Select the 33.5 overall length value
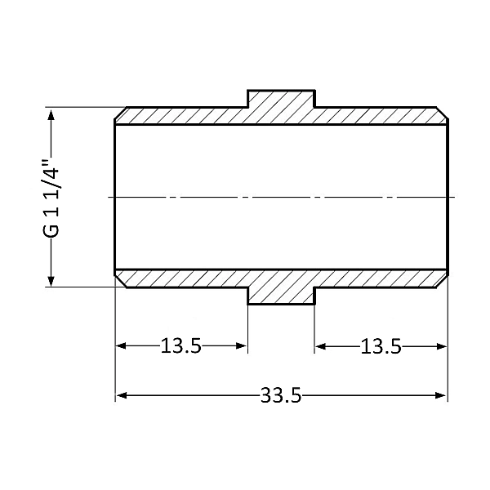[281, 396]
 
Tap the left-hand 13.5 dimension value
[180, 346]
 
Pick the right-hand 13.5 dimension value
[381, 346]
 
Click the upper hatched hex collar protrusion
[281, 101]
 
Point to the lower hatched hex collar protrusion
[281, 292]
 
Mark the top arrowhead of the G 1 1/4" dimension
[52, 114]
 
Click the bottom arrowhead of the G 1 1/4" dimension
[52, 280]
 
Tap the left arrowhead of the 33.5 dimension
[121, 396]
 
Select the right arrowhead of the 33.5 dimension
[442, 396]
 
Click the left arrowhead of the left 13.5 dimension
[121, 346]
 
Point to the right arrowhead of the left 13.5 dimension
[242, 346]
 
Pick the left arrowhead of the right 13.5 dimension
[320, 346]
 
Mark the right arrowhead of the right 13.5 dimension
[442, 346]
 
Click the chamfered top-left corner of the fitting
[119, 112]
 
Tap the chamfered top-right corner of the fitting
[443, 112]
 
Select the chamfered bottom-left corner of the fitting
[119, 282]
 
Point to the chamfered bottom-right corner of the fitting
[443, 282]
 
